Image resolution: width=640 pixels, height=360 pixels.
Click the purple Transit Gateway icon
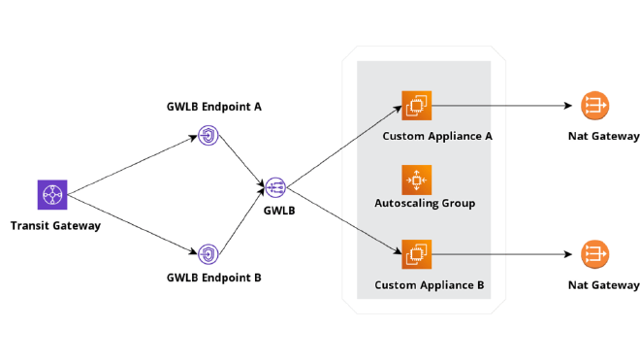pos(51,195)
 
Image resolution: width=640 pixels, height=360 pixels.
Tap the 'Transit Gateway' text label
pos(55,226)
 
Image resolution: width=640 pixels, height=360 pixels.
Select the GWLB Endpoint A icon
pos(208,134)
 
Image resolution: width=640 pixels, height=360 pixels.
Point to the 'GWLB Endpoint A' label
pos(214,107)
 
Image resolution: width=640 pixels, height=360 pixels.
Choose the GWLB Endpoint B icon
pos(208,254)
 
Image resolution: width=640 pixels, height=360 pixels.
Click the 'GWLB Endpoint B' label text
pos(213,278)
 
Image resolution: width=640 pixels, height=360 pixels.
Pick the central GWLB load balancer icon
pos(275,187)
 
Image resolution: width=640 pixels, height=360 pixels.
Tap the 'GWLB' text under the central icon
pos(279,210)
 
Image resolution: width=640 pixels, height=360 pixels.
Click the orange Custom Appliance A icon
pos(417,105)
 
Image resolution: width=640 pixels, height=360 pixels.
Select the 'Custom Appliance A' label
pos(437,136)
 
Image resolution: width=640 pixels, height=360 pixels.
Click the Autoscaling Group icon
pos(417,180)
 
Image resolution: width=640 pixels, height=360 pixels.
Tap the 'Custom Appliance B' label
pos(430,286)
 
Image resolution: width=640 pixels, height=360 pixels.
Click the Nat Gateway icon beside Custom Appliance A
pos(595,105)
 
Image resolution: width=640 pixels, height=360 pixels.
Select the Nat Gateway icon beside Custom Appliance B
pos(595,254)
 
